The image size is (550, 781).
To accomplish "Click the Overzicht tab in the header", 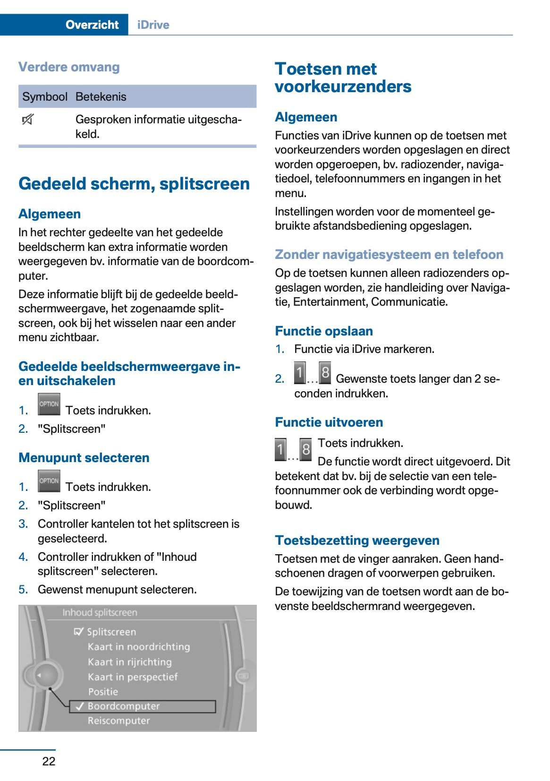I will point(92,25).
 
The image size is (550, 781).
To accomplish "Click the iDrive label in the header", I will point(153,25).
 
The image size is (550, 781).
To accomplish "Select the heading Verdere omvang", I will point(69,67).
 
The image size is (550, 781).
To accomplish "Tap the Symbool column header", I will point(45,97).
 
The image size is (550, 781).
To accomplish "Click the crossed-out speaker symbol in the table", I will point(27,120).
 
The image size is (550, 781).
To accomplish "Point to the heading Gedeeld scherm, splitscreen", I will point(134,184).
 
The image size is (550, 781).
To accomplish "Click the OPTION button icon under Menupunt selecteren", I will point(49,481).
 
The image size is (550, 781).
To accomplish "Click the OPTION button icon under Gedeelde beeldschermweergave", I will point(49,404).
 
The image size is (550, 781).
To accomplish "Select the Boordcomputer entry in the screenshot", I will point(124,706).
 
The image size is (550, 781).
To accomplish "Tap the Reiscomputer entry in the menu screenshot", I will point(118,721).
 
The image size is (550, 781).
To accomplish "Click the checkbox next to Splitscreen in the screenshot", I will point(79,632).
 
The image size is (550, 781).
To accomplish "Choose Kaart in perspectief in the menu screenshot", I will point(133,677).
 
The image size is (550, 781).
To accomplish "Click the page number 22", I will point(49,761).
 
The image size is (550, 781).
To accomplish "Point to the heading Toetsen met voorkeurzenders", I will point(343,77).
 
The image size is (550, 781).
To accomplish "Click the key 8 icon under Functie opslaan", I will point(325,373).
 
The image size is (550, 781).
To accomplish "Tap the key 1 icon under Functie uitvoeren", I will point(280,449).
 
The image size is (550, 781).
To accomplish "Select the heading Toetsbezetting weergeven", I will point(357,541).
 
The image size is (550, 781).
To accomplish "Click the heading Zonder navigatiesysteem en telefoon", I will point(389,255).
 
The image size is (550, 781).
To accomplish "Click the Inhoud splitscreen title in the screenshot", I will point(100,613).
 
